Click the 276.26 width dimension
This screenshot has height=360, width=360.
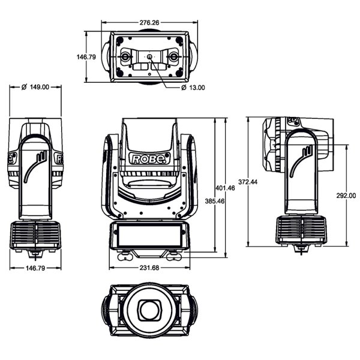149,23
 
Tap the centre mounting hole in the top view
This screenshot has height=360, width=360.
149,57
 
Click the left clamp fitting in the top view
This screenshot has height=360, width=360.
126,57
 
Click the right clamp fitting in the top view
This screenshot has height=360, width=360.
173,57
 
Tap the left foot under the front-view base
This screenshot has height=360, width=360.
125,257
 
